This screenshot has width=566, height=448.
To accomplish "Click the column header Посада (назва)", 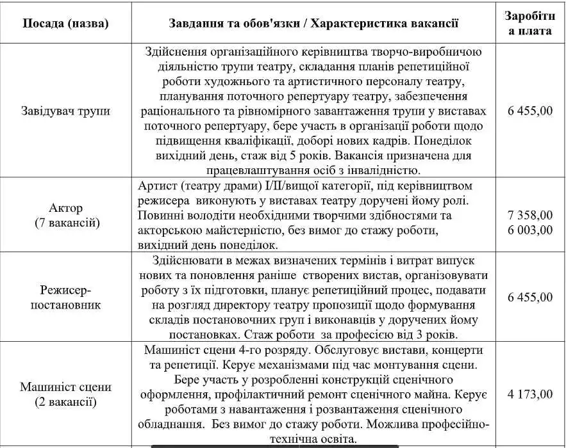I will (65, 24).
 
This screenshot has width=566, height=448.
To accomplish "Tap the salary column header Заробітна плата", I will (529, 23).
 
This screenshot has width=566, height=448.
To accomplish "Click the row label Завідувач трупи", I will (65, 111).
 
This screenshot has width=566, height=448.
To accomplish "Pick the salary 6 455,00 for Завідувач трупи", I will (529, 111).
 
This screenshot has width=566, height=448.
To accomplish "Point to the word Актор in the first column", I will (65, 209).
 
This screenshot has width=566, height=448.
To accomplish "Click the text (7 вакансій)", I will (65, 222).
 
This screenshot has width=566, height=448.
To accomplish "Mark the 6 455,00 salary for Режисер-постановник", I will (529, 298).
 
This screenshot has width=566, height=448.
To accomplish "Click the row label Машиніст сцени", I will (65, 387).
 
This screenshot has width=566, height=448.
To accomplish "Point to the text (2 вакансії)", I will (65, 402).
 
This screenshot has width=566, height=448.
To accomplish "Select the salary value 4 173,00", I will (529, 394).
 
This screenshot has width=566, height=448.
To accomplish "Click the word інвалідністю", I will (383, 170).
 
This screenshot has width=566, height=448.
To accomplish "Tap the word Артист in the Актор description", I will (158, 186).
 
